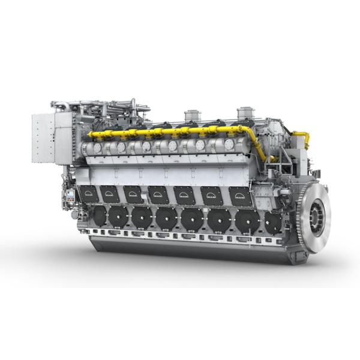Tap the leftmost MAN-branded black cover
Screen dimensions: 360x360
click(x=89, y=193)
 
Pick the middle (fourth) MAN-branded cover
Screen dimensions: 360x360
click(x=158, y=195)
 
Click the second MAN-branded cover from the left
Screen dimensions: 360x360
click(x=110, y=194)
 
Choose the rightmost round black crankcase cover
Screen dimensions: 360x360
click(x=273, y=223)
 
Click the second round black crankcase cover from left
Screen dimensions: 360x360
click(x=119, y=216)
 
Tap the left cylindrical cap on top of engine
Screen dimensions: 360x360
click(x=192, y=115)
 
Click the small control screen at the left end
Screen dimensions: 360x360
click(x=70, y=195)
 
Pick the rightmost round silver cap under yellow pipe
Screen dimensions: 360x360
click(x=229, y=144)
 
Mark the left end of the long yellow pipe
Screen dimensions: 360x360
click(x=91, y=135)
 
